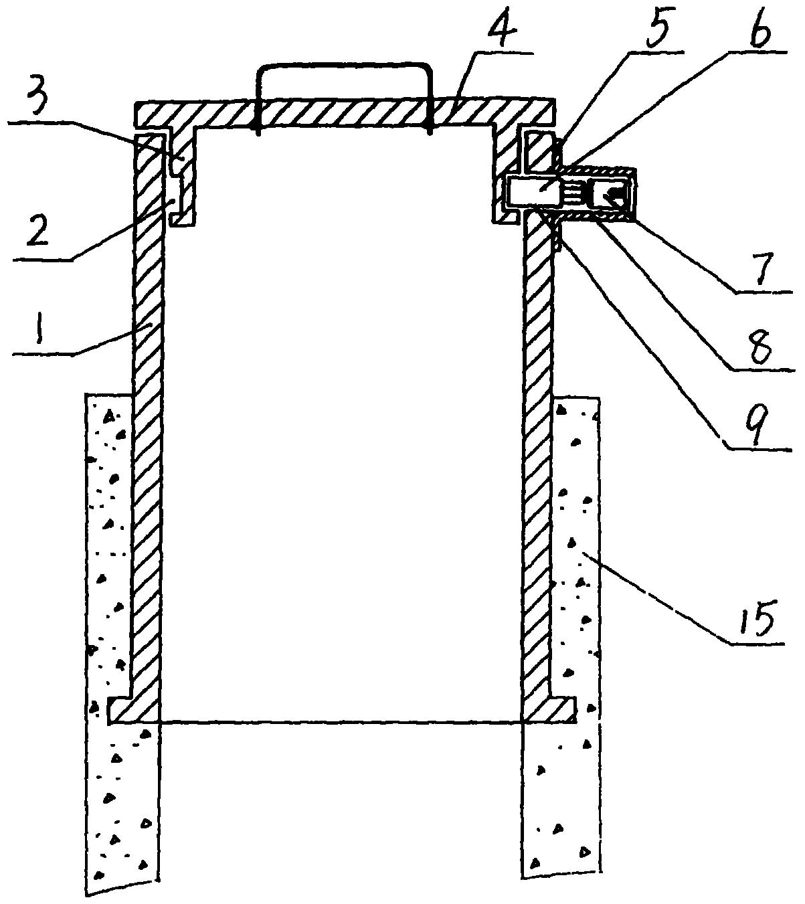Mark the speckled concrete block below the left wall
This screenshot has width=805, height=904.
124,810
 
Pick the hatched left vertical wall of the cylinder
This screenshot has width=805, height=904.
149,435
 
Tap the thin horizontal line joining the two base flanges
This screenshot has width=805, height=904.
341,722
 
